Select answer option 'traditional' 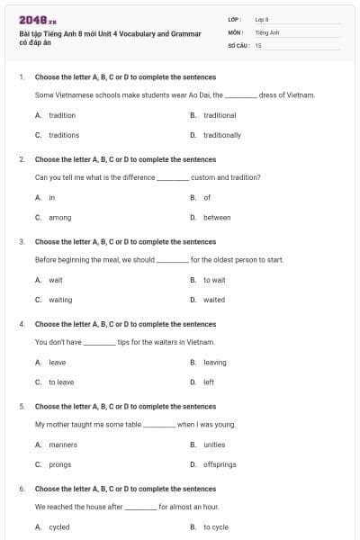click(220, 115)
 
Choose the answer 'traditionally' click(221, 135)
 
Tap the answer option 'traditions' click(64, 135)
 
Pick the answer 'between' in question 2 click(217, 217)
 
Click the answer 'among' click(59, 217)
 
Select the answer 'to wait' click(214, 280)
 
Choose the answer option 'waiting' click(60, 300)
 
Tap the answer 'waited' click(214, 300)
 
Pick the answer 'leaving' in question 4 click(215, 362)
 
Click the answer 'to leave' click(61, 382)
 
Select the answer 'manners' click(63, 445)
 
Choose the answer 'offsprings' click(220, 464)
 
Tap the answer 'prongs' click(60, 464)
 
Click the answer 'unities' click(214, 445)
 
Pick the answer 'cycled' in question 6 click(59, 526)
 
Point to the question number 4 click(22, 323)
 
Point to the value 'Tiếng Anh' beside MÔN click(267, 31)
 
